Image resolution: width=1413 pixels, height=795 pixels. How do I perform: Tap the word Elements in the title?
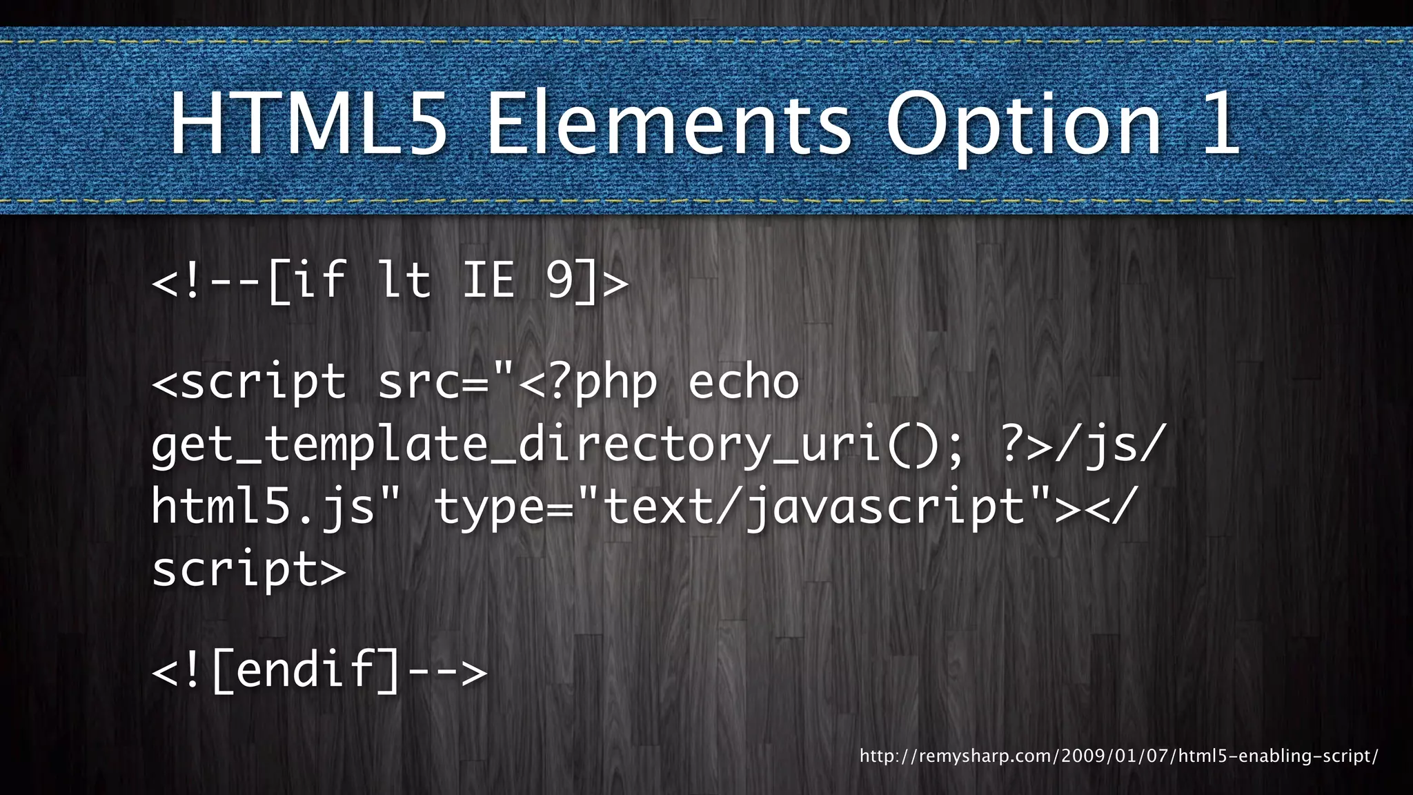tap(669, 124)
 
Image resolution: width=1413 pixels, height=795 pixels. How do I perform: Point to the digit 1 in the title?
tap(1219, 124)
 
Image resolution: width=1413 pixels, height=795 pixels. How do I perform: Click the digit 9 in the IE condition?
tap(560, 280)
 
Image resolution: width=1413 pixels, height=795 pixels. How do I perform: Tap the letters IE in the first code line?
tap(488, 280)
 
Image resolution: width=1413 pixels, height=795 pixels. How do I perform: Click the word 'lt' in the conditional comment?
tap(404, 280)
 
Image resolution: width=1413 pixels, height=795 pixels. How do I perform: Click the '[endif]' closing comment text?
tap(306, 669)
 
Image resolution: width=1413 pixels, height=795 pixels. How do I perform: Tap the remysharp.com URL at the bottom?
tap(1118, 756)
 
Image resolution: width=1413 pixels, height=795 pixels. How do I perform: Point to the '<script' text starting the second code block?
tap(248, 383)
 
